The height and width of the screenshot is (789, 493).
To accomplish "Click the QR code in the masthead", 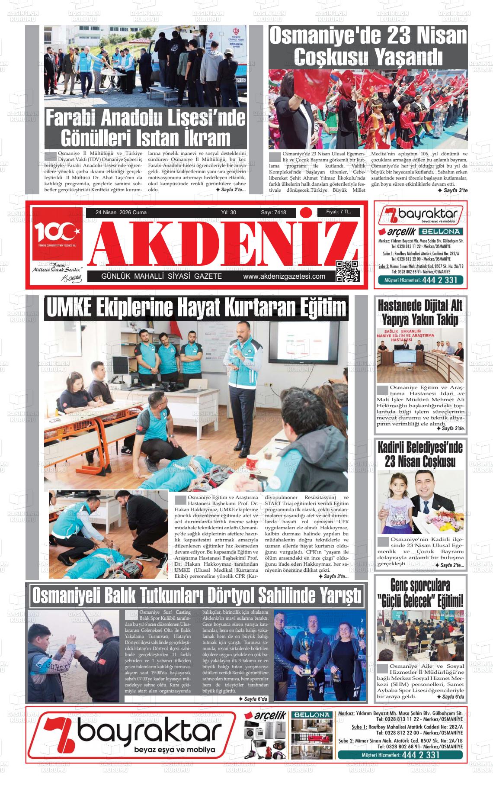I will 348,271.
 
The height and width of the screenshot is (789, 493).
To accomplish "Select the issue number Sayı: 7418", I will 273,213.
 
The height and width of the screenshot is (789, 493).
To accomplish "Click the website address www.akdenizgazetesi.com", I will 284,277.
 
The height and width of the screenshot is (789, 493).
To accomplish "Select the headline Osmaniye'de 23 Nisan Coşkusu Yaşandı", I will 368,45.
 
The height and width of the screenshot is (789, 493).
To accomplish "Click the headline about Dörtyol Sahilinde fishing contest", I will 197,596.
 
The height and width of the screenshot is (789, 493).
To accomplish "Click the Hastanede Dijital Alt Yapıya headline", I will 420,312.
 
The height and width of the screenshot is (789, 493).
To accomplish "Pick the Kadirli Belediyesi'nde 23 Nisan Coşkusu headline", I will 420,454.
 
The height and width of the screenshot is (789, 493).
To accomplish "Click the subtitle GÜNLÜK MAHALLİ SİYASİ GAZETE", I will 161,277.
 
